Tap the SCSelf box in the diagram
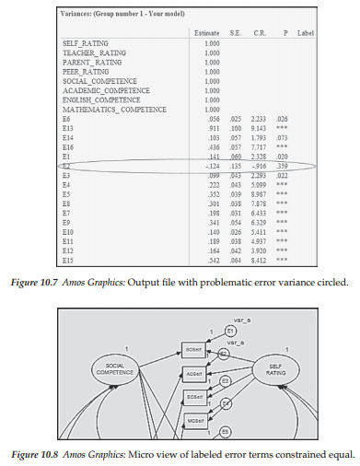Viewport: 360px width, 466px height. click(x=194, y=352)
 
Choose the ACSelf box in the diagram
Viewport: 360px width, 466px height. click(x=194, y=374)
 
